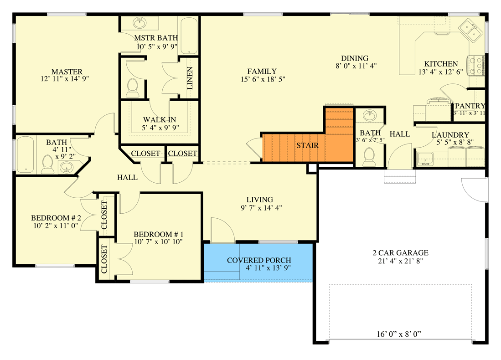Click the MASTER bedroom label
coord(67,72)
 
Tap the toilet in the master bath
coord(133,88)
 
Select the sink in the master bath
coord(139,23)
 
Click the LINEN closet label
coord(190,78)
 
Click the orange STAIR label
coord(307,145)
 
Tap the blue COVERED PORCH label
coord(259,261)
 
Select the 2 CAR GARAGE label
coord(400,253)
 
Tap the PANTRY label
coord(470,106)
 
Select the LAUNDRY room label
coord(450,135)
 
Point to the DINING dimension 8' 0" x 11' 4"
coord(355,66)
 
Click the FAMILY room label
coord(262,71)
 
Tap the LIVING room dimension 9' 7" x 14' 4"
coord(259,208)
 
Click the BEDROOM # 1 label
coord(158,234)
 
